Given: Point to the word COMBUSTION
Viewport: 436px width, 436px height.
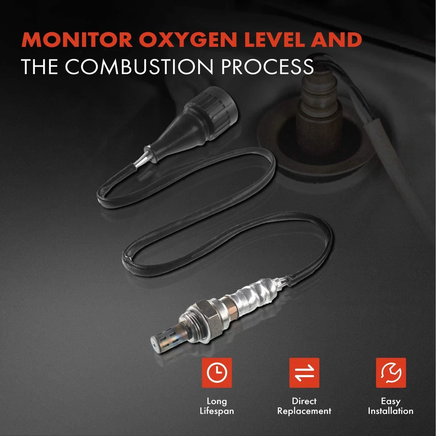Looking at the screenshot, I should coord(139,67).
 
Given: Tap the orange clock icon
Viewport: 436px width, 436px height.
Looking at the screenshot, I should coord(217,372).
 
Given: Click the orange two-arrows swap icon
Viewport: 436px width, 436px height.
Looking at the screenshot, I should coord(304,372).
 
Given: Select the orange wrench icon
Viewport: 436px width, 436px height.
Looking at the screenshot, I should coord(391,372).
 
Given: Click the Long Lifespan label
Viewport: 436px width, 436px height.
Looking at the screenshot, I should coord(217,406).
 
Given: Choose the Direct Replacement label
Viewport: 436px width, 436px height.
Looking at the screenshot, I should coord(304,406).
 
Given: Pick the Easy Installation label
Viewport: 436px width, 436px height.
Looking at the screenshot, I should coord(391,406).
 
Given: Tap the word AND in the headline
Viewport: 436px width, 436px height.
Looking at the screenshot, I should coord(337,40).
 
